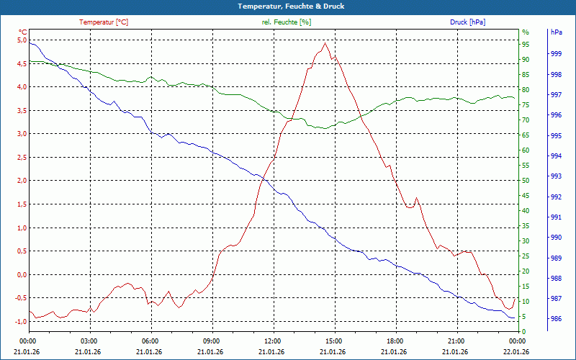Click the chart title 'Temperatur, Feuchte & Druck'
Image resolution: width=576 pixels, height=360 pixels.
click(x=288, y=6)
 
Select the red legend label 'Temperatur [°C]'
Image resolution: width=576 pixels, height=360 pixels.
click(x=104, y=22)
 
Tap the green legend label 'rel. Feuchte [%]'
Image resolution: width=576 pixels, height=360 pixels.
click(x=287, y=22)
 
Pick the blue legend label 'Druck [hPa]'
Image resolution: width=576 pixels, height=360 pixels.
click(x=468, y=22)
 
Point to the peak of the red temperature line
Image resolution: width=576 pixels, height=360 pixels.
click(x=325, y=43)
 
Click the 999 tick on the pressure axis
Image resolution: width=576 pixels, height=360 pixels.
click(x=556, y=54)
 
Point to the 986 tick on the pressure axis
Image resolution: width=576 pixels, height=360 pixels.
click(x=556, y=319)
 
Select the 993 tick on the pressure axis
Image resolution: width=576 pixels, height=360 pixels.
click(x=556, y=176)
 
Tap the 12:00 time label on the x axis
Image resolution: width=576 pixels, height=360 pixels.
click(x=272, y=341)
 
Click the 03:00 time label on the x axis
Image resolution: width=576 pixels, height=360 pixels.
click(x=89, y=341)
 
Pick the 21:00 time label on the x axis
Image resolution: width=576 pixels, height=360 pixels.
click(x=456, y=341)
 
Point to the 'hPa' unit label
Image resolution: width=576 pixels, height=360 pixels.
click(x=556, y=32)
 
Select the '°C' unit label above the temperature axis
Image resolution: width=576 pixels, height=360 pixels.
click(x=22, y=32)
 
